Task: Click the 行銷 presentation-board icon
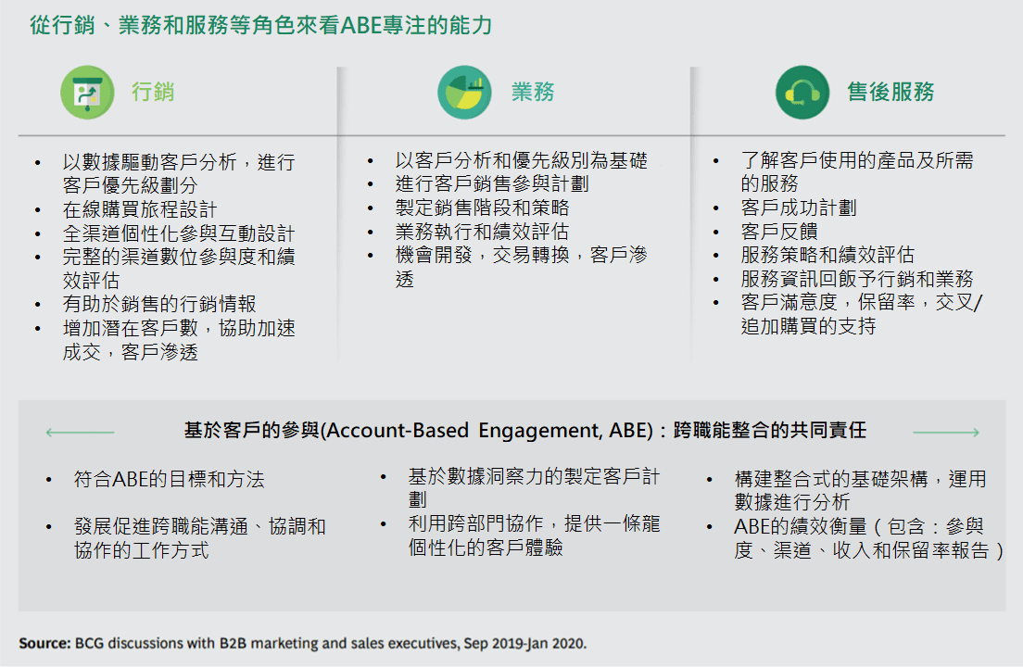[x=87, y=92]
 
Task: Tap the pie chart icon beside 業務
[x=464, y=92]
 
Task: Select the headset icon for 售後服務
[x=802, y=92]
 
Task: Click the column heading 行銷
[x=153, y=92]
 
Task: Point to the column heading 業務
[x=533, y=92]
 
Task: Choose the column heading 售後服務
[x=890, y=92]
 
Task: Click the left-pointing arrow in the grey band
[x=81, y=433]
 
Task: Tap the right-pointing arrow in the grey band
[x=946, y=433]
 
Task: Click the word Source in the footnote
[x=43, y=644]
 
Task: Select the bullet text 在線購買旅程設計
[x=140, y=210]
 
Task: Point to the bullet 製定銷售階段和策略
[x=482, y=208]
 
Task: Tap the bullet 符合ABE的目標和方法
[x=169, y=479]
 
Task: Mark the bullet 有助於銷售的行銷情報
[x=159, y=304]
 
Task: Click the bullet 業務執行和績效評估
[x=482, y=232]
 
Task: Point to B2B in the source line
[x=233, y=644]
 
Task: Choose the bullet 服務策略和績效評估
[x=827, y=255]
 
